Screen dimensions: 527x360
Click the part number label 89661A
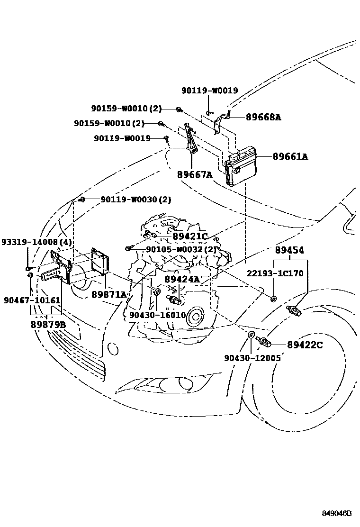click(290, 156)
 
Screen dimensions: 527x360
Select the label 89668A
click(263, 117)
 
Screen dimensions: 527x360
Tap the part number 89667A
click(195, 175)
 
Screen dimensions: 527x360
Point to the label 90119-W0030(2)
click(135, 200)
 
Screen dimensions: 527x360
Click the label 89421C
click(190, 236)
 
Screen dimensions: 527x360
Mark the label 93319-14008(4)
click(36, 242)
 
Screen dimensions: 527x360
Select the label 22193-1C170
click(275, 273)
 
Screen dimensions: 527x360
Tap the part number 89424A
click(182, 280)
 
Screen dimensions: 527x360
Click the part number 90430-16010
click(157, 315)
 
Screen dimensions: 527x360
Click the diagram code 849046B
click(336, 514)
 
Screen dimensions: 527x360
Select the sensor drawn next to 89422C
click(263, 341)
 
